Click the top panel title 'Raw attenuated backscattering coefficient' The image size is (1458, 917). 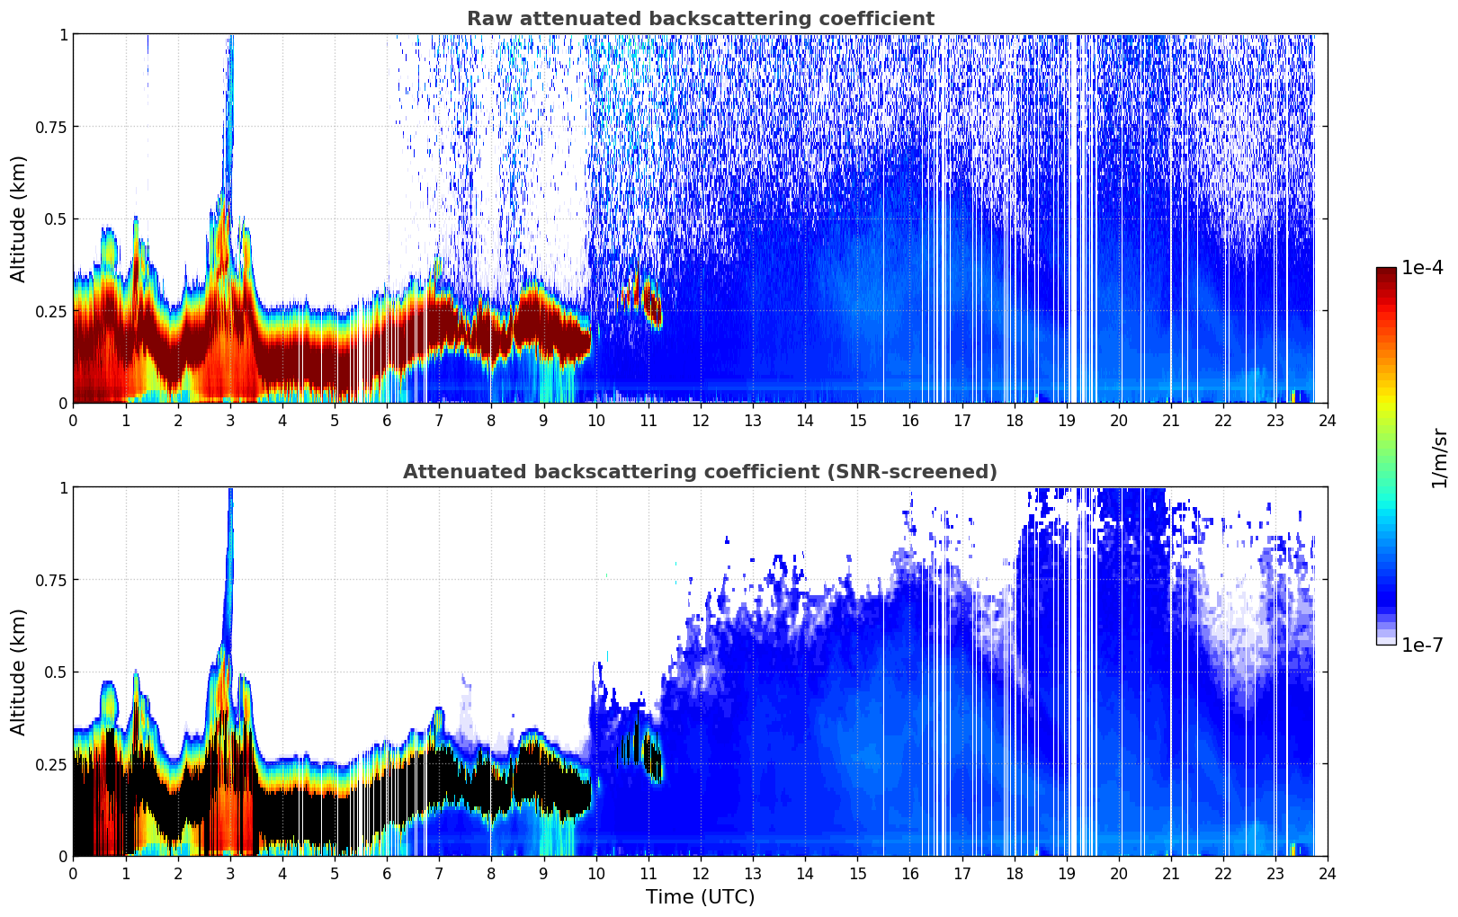700,19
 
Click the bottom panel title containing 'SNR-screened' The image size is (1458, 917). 700,472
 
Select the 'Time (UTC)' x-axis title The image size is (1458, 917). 700,897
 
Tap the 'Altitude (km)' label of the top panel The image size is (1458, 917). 19,218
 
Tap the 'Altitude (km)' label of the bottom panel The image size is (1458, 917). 19,672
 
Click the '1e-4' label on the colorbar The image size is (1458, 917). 1422,268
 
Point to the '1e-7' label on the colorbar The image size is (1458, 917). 1422,645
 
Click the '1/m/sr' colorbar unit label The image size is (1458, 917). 1439,458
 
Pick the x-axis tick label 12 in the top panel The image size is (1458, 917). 700,420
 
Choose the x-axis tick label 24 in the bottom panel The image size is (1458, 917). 1327,873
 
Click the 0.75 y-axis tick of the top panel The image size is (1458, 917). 50,127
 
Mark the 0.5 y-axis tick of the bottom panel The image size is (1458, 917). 56,672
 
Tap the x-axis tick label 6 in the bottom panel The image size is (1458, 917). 387,873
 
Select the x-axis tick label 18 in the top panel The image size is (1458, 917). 1014,420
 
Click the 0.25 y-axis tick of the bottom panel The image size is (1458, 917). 50,764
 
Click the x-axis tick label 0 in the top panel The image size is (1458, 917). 74,420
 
